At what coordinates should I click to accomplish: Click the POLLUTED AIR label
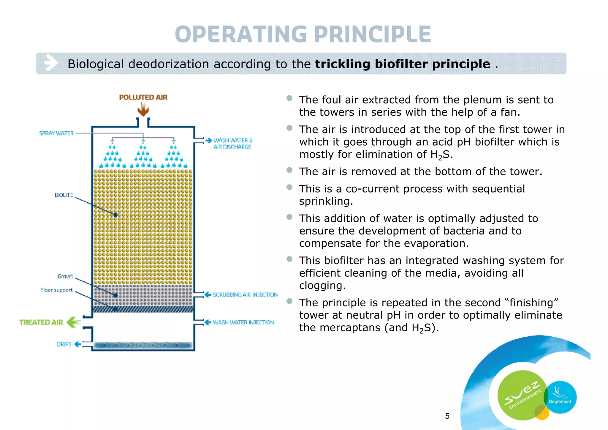tap(143, 97)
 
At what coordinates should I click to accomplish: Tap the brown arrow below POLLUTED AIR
tap(143, 110)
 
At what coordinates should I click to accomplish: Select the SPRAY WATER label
tap(56, 133)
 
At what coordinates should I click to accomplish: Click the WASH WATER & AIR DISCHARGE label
tap(232, 144)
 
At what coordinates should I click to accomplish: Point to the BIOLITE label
tap(64, 195)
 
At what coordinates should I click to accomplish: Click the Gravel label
tap(65, 276)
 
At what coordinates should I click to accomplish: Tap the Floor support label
tap(56, 290)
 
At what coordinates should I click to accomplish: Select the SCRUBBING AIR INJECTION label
tap(245, 295)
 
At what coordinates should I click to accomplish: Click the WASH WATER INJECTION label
tap(243, 322)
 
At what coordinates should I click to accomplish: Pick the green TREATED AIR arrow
tap(74, 322)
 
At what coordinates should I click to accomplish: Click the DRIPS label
tap(64, 344)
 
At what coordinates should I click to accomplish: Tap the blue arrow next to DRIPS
tap(78, 344)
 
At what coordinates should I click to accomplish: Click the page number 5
tap(447, 416)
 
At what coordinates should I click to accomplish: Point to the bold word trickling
tap(343, 64)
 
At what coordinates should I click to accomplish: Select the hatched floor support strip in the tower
tap(143, 309)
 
